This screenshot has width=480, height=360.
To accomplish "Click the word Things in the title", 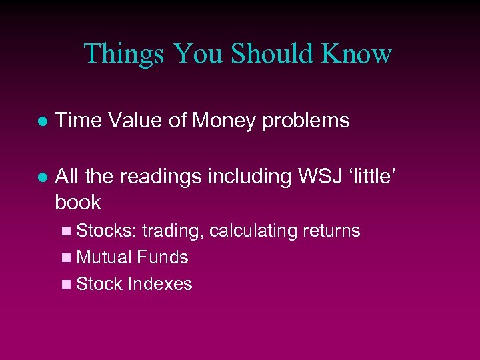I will click(123, 53).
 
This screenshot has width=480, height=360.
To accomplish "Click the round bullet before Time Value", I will click(41, 121).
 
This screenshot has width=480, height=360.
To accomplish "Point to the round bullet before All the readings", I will click(41, 177).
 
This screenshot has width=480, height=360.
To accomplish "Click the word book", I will click(78, 202).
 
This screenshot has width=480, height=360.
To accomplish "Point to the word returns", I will click(331, 231).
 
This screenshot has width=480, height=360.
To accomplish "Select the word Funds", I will click(163, 257).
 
